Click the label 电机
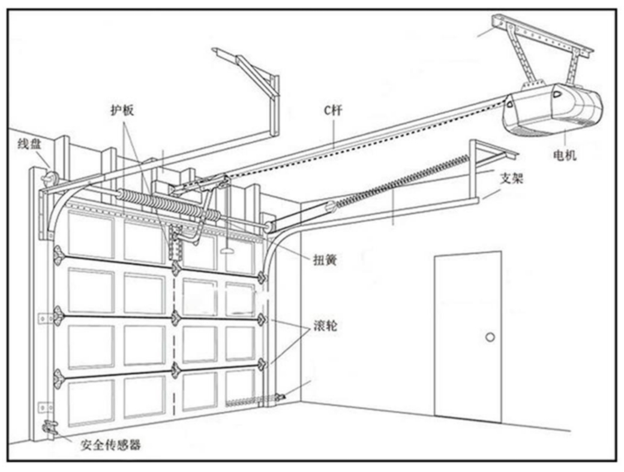(565, 154)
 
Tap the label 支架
(511, 178)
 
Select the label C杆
(333, 110)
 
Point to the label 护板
(122, 110)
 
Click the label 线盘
(29, 144)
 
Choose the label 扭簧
(325, 259)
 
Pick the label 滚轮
(325, 326)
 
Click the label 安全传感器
(110, 444)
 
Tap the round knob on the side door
(490, 337)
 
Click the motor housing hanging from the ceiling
(553, 109)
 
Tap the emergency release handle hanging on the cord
(227, 251)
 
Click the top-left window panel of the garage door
(91, 234)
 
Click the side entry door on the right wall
(467, 337)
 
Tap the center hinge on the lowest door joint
(175, 370)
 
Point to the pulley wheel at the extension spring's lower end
(331, 207)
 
